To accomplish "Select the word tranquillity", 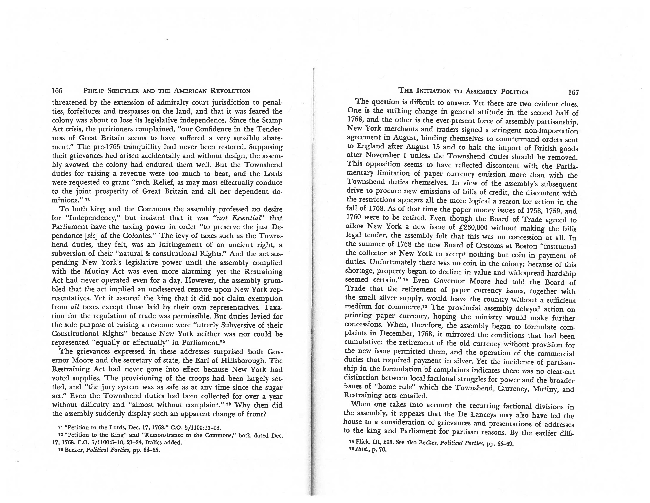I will (143, 147).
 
